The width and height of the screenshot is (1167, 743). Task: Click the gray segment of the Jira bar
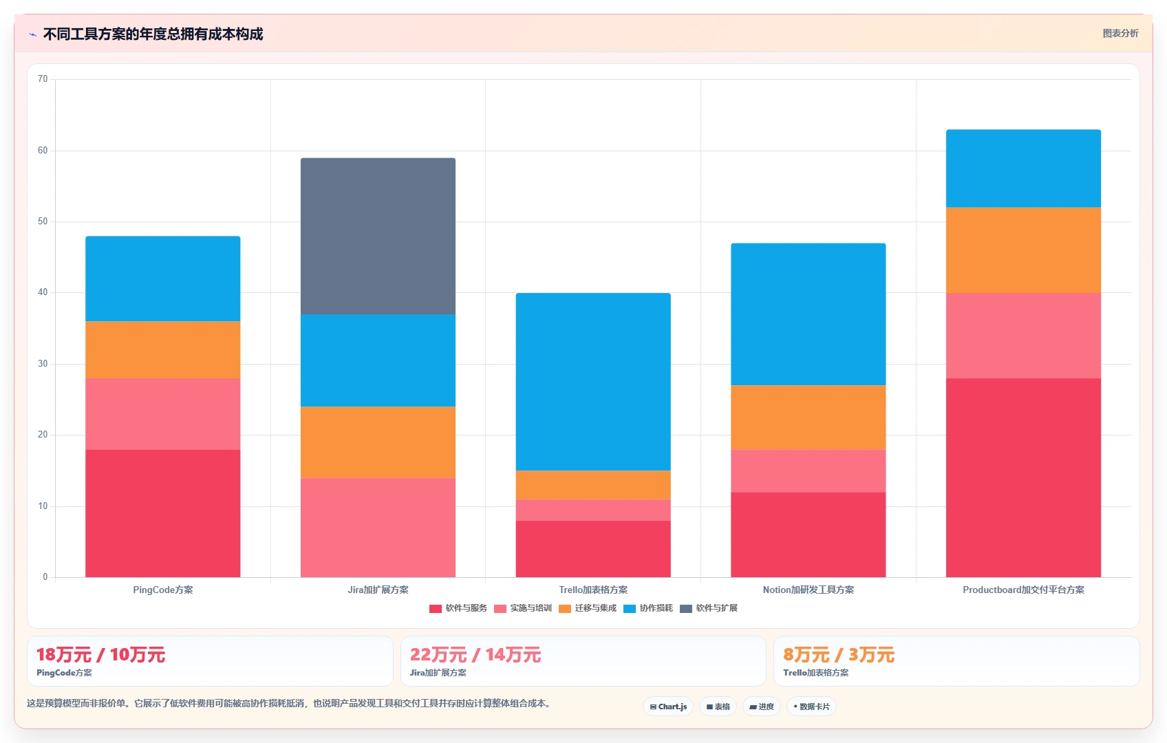coord(378,236)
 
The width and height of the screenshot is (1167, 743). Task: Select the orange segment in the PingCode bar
coord(162,349)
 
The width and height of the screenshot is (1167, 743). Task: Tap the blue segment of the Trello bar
coord(593,382)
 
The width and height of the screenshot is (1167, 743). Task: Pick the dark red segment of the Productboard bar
coord(1023,478)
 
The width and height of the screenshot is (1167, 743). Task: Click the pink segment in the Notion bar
coord(808,471)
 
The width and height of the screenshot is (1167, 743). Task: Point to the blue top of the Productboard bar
coord(1023,169)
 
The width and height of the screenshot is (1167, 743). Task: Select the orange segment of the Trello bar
coord(593,485)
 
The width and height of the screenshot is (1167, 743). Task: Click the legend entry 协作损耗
coord(648,608)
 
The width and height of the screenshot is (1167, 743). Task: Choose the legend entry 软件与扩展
coord(709,608)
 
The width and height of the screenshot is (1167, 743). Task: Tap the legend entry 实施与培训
coord(522,608)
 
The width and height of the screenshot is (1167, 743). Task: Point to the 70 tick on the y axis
coord(43,79)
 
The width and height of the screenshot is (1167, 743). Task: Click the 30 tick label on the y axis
coord(43,364)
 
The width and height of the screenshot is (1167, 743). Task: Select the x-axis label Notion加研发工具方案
coord(808,590)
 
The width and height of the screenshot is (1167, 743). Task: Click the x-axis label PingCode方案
coord(162,590)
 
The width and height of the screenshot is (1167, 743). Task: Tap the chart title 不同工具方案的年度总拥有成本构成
coord(153,34)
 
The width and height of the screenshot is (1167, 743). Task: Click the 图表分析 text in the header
coord(1121,33)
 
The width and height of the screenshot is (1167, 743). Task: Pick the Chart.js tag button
coord(668,707)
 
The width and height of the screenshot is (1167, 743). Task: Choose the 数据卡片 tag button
coord(811,707)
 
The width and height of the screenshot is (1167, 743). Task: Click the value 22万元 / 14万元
coord(475,655)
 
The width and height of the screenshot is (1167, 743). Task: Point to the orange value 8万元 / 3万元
coord(839,655)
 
